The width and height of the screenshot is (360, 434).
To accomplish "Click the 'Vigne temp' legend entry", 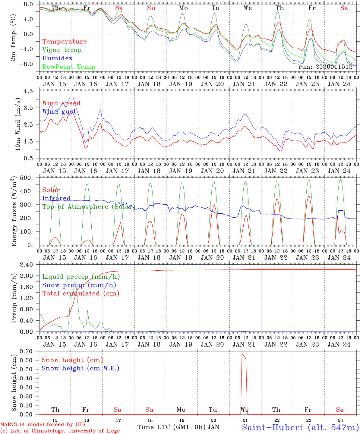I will click(62, 50).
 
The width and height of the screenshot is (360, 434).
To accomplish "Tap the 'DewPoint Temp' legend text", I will click(69, 67).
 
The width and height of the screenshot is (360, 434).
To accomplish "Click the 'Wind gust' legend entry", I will click(59, 112).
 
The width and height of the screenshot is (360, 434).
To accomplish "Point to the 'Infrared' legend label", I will click(56, 198).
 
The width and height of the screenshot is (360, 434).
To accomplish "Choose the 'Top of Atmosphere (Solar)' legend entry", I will click(88, 207).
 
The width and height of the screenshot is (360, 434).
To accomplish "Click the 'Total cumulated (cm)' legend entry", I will click(81, 294).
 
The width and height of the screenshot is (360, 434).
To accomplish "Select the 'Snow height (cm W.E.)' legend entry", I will click(80, 368).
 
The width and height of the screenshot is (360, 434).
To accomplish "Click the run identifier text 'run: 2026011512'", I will click(325, 67).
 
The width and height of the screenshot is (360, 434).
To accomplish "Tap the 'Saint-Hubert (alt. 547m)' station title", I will click(300, 427).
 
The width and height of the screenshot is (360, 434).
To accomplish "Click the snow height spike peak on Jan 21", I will click(242, 354).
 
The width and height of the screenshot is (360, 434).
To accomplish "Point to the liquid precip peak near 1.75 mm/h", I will click(74, 282).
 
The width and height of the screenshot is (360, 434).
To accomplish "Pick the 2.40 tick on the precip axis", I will click(30, 265).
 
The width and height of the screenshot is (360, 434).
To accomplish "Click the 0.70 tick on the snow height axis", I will click(30, 351).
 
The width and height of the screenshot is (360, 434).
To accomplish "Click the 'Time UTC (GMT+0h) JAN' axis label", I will click(178, 427).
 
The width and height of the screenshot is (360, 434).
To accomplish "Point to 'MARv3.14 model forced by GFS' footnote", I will click(43, 425).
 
